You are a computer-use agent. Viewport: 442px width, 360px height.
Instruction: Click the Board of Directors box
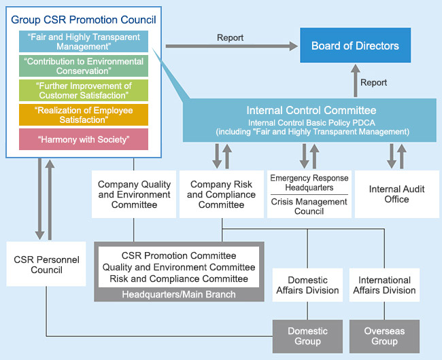click(355, 45)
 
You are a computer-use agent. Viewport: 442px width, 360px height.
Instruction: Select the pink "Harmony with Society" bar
click(84, 139)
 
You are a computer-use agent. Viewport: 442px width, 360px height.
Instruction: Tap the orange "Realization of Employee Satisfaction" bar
click(84, 115)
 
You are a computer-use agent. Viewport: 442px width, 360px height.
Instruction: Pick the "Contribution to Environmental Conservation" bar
click(84, 66)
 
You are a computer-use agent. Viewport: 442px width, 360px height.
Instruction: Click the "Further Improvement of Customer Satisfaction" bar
click(84, 90)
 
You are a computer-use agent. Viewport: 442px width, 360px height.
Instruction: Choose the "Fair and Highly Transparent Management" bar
click(84, 41)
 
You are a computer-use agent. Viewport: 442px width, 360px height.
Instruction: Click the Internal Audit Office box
click(397, 194)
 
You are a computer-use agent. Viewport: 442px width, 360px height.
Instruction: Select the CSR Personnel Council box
click(46, 264)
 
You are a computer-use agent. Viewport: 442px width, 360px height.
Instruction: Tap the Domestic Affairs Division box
click(307, 285)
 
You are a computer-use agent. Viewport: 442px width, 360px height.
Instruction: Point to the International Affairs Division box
click(384, 285)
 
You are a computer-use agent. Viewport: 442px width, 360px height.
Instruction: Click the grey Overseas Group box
click(384, 336)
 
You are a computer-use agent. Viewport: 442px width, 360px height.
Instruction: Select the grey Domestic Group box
click(307, 336)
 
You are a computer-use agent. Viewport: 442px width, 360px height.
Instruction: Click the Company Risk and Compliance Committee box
click(222, 194)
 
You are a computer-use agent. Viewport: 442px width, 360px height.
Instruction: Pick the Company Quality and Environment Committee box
click(134, 194)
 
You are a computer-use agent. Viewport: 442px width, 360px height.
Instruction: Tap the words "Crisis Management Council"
click(309, 206)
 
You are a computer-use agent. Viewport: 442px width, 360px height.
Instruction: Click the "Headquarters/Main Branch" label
click(179, 294)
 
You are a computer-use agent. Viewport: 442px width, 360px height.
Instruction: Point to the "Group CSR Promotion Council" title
click(84, 20)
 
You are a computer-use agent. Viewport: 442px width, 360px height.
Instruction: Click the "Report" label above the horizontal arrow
click(230, 37)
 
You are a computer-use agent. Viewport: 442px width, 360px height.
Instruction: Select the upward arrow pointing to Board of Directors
click(356, 81)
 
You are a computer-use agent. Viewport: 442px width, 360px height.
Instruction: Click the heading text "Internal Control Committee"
click(311, 110)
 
